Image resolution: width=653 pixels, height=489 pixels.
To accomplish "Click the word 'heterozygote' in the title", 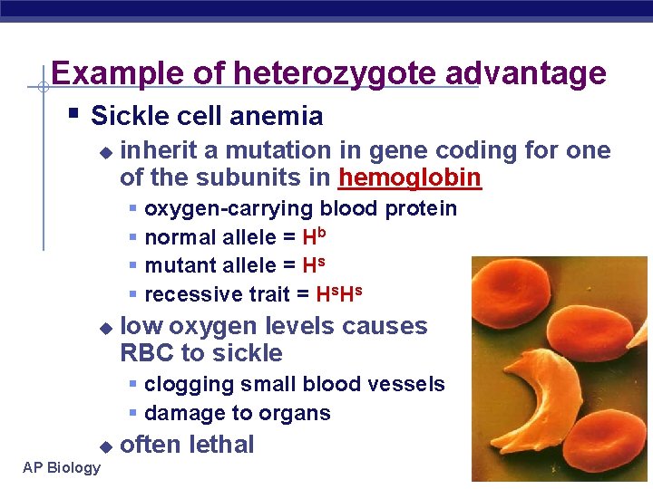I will (x=336, y=72).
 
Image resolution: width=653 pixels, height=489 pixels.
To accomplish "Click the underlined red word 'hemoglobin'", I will (x=409, y=177).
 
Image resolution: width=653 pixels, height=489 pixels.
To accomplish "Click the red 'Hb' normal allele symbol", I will (x=314, y=236).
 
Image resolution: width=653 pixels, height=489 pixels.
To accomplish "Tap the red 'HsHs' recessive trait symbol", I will (x=338, y=293).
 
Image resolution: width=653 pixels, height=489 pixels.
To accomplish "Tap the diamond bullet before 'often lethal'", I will (x=105, y=446).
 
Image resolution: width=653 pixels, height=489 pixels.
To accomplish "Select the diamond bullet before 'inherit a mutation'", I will (x=105, y=152).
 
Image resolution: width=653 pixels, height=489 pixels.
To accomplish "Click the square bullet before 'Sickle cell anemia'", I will (x=73, y=114).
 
